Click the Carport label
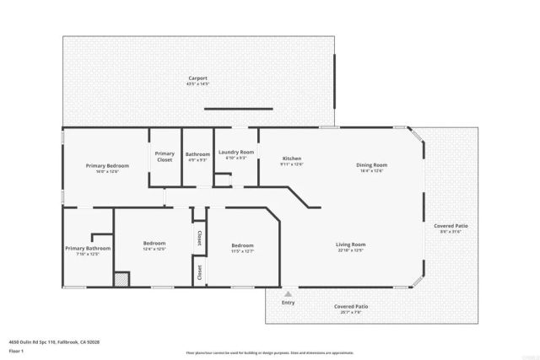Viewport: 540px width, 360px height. [197, 78]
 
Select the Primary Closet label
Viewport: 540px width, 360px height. [165, 156]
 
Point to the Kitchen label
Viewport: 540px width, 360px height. [291, 159]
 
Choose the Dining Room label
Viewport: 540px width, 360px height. [371, 165]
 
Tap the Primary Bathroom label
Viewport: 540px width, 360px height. [88, 249]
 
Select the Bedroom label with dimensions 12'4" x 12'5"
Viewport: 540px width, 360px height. [153, 244]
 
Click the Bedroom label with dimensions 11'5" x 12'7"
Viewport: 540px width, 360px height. [242, 245]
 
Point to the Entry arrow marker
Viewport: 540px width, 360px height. [288, 293]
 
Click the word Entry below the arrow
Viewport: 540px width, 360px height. [288, 303]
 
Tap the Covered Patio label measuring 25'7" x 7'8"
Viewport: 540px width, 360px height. [350, 307]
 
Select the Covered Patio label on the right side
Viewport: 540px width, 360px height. [451, 227]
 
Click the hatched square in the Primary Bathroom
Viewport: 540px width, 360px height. [122, 278]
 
